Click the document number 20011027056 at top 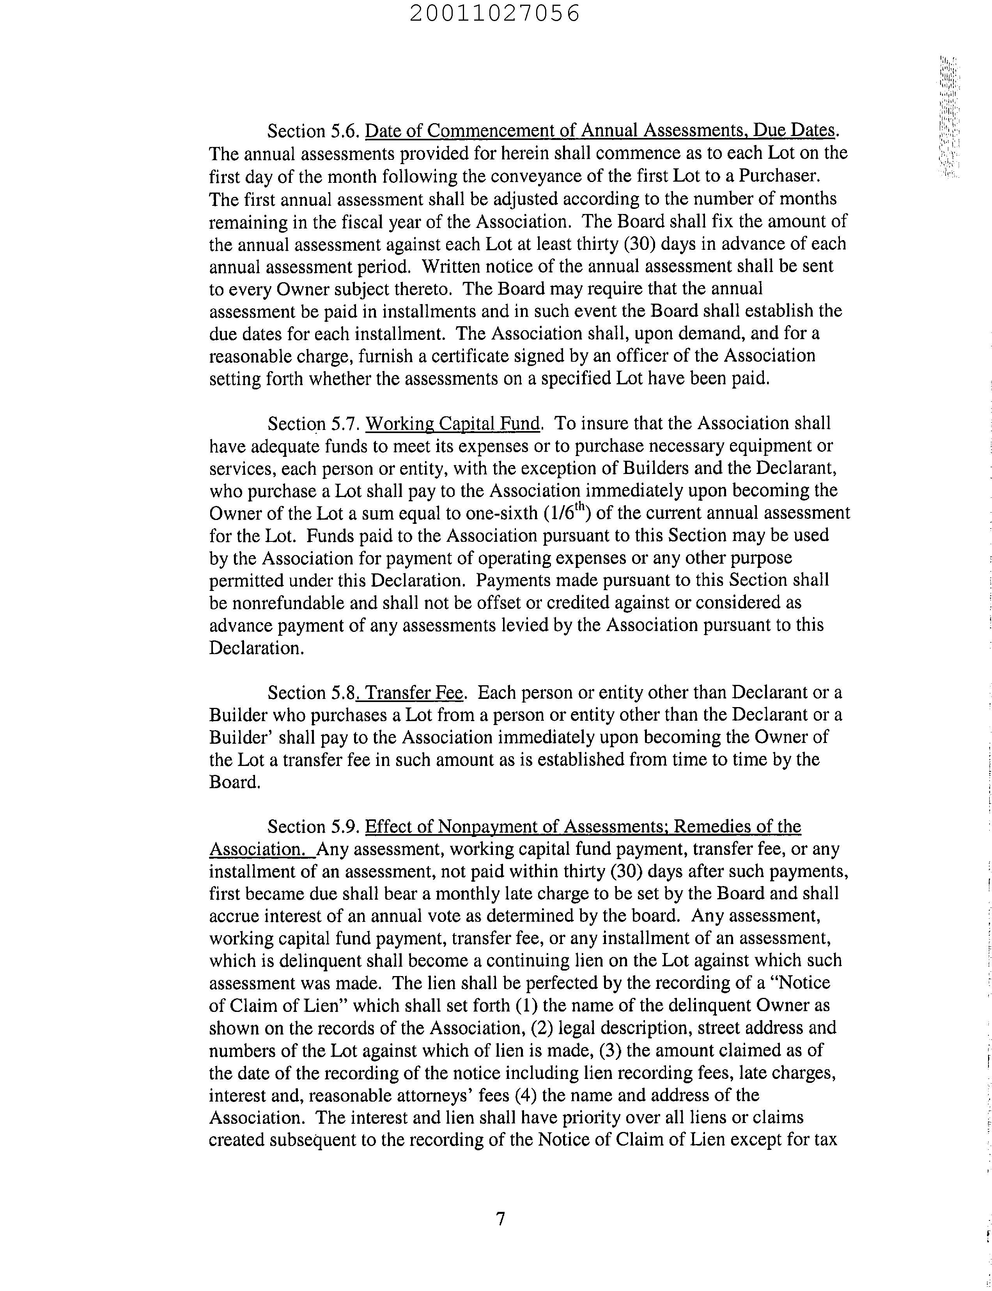[495, 14]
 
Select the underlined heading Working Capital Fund [452, 423]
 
